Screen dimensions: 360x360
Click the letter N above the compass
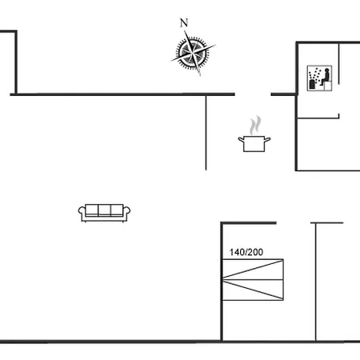(184, 23)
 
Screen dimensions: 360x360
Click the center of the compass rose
(193, 53)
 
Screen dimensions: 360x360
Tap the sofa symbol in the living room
(104, 213)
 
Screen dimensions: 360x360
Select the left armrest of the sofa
(82, 213)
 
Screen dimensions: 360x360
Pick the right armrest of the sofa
(126, 213)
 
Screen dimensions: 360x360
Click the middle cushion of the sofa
(104, 210)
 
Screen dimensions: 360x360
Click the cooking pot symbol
(254, 144)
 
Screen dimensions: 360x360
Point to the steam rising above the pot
(255, 125)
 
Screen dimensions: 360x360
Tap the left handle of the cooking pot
(241, 139)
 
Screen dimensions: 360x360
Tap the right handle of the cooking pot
(267, 139)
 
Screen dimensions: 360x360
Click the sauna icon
(319, 78)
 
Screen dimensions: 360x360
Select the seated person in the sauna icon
(326, 77)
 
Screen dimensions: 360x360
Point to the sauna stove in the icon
(312, 84)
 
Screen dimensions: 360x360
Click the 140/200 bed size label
(246, 252)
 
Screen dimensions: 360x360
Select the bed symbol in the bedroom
(253, 280)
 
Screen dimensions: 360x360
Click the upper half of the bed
(253, 270)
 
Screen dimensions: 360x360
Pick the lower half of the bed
(253, 290)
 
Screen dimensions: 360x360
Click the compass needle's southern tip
(200, 75)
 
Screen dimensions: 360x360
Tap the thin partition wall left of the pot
(206, 133)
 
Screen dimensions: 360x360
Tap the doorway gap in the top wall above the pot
(253, 94)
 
